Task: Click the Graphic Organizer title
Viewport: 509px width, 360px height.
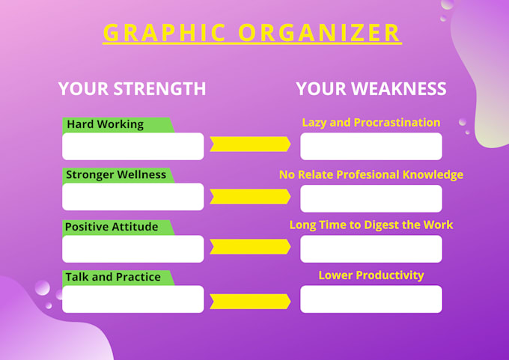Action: [252, 33]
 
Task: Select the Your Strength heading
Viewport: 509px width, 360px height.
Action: [132, 88]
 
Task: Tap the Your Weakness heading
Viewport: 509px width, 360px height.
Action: [371, 88]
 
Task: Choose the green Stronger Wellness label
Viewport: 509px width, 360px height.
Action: [116, 175]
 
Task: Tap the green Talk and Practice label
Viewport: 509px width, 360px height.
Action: [114, 277]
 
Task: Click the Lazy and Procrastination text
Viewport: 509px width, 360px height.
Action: [371, 122]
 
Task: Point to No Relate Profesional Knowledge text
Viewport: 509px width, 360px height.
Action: [371, 174]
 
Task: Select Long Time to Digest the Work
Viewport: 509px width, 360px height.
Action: [371, 225]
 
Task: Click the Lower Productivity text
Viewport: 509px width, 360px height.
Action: [371, 275]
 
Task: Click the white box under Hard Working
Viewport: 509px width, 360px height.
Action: [132, 147]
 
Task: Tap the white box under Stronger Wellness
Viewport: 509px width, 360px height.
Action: [132, 197]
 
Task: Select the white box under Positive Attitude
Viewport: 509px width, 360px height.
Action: [132, 248]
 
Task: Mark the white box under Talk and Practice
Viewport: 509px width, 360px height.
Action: [132, 299]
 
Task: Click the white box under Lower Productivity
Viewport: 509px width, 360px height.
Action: [371, 299]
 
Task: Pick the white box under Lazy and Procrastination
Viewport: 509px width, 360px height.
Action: [371, 147]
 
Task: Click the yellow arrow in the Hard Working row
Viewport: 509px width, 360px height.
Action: [250, 144]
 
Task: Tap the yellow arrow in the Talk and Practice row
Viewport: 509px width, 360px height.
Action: [250, 301]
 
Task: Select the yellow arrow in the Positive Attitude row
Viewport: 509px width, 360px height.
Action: [250, 247]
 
